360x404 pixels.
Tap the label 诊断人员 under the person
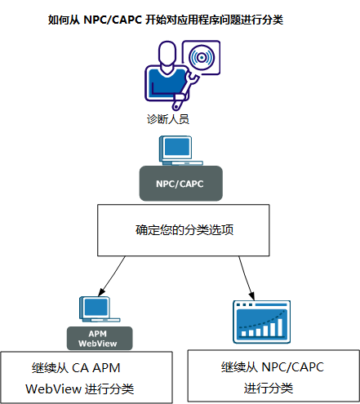(x=168, y=119)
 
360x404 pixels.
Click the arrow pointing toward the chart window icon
(x=246, y=277)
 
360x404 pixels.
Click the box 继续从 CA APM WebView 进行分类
(x=87, y=376)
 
